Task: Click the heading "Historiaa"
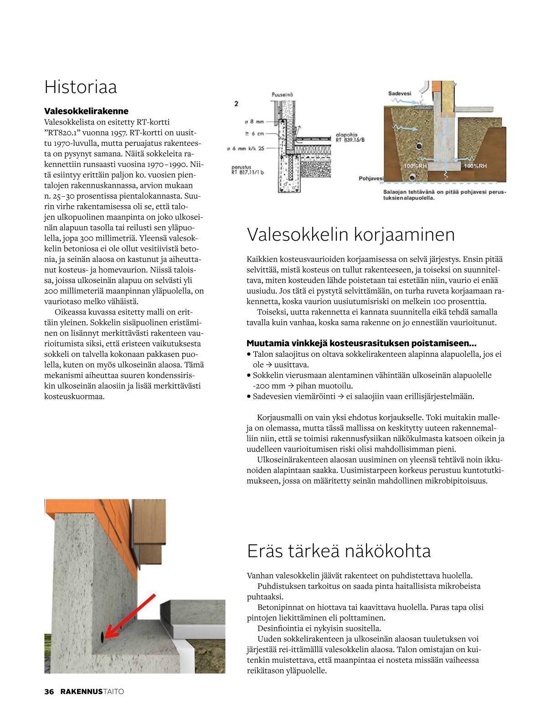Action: (x=81, y=87)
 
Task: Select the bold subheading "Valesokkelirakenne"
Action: (x=86, y=111)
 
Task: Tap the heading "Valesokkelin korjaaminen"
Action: (x=350, y=235)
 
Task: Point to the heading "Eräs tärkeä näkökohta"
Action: (x=339, y=551)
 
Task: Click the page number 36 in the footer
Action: (x=49, y=692)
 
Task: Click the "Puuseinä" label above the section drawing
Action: (x=282, y=94)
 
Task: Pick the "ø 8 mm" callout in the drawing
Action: (x=254, y=122)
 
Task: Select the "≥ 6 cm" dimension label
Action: (x=254, y=134)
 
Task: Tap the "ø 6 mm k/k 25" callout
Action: (x=246, y=149)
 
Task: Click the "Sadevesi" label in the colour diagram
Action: (x=399, y=93)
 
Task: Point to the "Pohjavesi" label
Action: (x=371, y=179)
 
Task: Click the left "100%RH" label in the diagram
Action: (x=415, y=166)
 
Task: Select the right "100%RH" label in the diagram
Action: (x=475, y=166)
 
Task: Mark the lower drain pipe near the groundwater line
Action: (x=413, y=177)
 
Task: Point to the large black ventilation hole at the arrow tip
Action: (x=103, y=637)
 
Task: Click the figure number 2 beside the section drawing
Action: (x=236, y=103)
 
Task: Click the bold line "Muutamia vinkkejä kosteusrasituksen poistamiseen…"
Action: (x=361, y=343)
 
